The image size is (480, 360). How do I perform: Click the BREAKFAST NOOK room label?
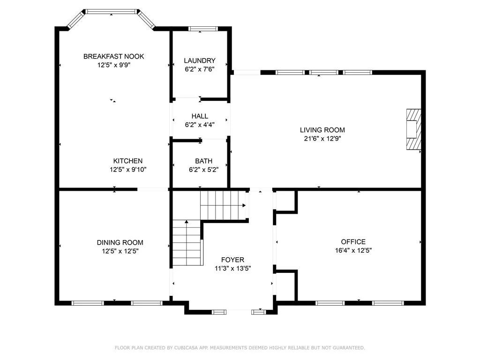113,56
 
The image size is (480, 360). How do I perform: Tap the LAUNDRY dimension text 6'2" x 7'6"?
200,69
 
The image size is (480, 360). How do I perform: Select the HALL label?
200,116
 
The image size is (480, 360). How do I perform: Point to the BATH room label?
203,161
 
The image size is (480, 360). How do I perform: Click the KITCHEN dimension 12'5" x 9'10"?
128,169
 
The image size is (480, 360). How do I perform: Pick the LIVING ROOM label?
322,130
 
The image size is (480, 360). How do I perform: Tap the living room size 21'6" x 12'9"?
322,138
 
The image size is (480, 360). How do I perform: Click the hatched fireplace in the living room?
413,129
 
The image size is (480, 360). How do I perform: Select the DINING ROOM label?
120,242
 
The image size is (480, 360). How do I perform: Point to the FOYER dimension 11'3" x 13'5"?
232,269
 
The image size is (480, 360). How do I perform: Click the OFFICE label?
353,241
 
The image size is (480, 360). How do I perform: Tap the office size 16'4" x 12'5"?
353,250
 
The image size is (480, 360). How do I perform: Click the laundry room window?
203,29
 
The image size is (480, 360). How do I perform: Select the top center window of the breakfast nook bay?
111,12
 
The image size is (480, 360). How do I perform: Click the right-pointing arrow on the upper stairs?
244,205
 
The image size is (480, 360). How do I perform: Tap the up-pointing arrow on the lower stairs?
187,222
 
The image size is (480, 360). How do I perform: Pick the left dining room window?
88,303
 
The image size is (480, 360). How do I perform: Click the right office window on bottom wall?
388,303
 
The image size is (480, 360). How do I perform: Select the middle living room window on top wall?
324,73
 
